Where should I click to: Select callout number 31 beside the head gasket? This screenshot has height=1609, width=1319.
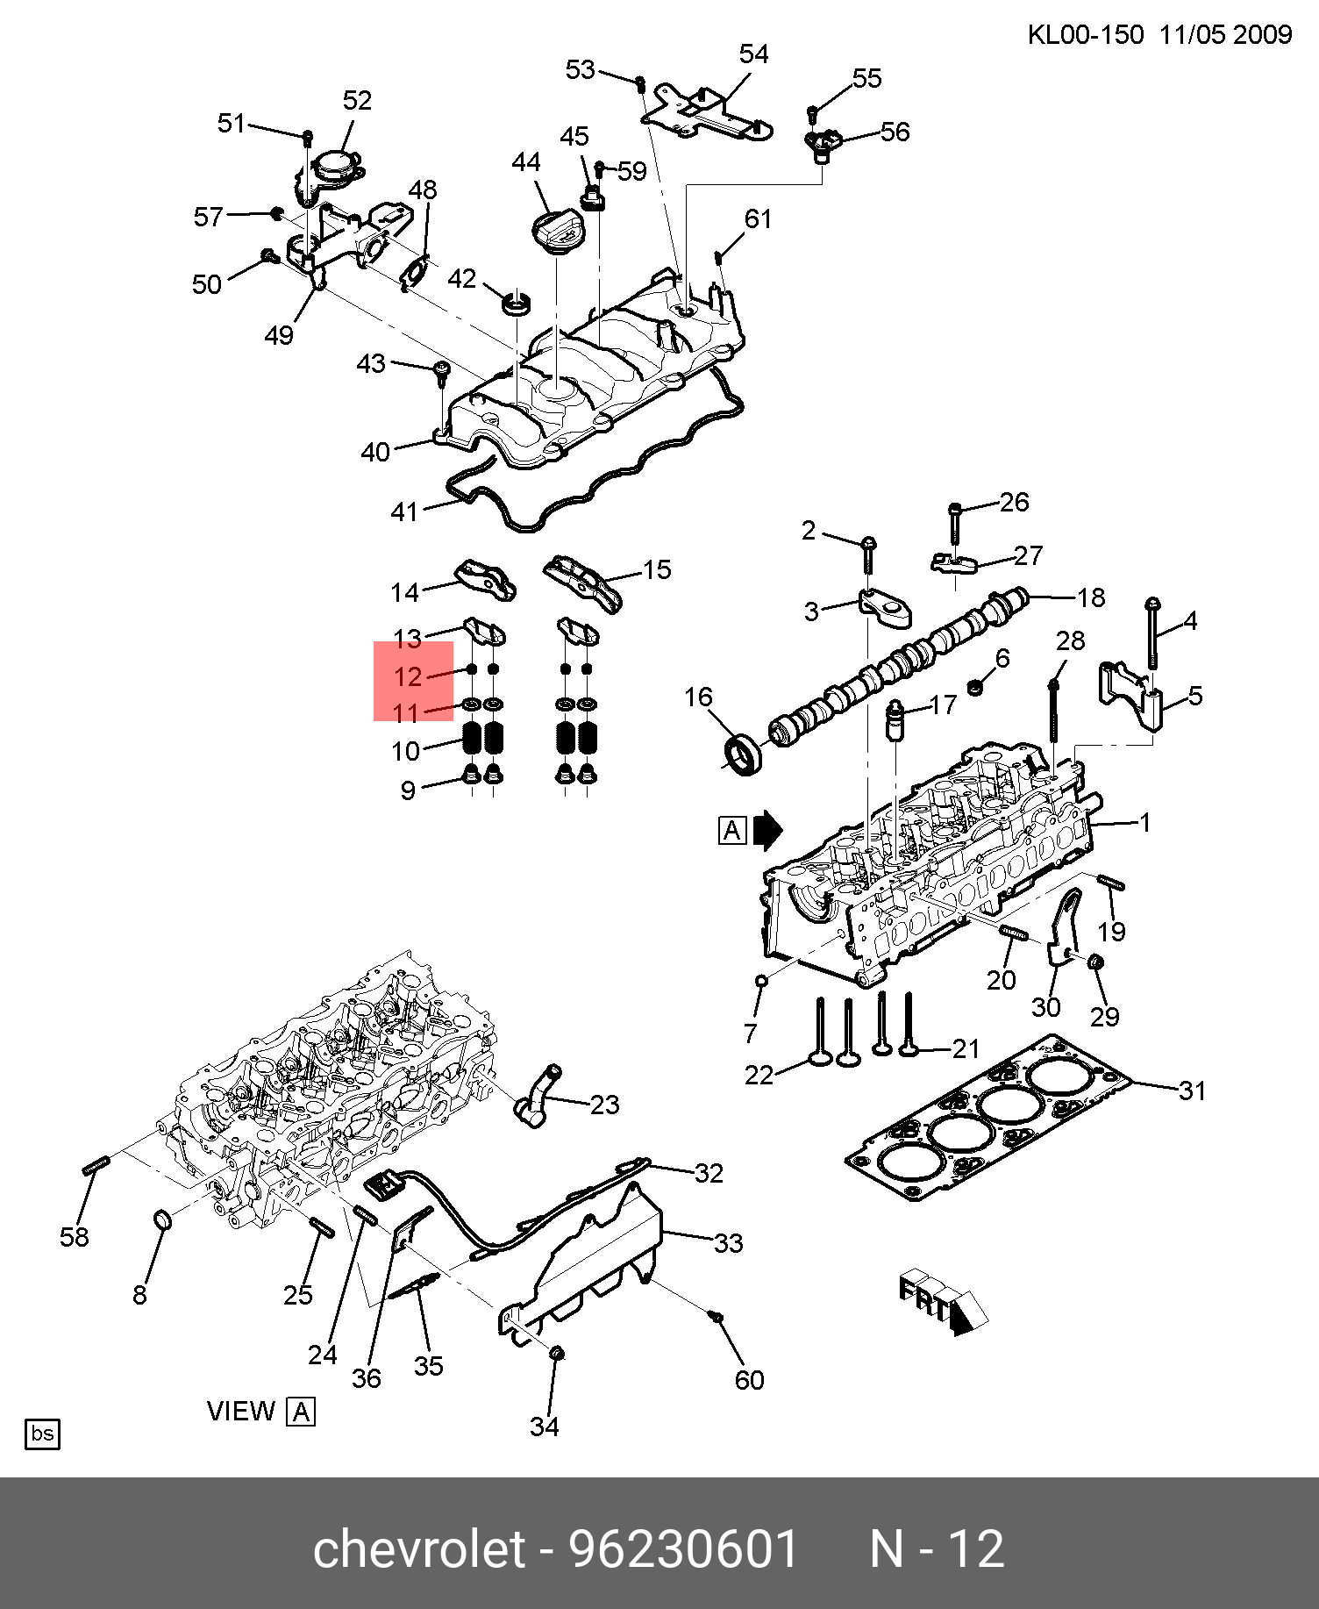point(1192,1091)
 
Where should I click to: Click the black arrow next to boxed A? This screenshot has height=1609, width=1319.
point(767,830)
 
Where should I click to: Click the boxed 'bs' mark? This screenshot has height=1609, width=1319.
point(42,1434)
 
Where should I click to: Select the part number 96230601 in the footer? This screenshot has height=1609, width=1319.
point(683,1549)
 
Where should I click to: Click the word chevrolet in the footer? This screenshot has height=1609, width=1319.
point(418,1549)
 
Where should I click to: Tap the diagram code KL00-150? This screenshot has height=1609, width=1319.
point(1085,35)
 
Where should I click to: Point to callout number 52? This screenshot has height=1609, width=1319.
point(357,100)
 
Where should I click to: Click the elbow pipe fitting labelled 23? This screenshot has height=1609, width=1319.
point(537,1095)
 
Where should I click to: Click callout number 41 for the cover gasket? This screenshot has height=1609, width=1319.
point(403,511)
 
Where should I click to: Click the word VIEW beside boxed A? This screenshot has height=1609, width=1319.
point(241,1411)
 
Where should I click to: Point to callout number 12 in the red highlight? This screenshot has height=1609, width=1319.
point(409,676)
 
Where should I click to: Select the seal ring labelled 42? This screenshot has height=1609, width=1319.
point(517,303)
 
